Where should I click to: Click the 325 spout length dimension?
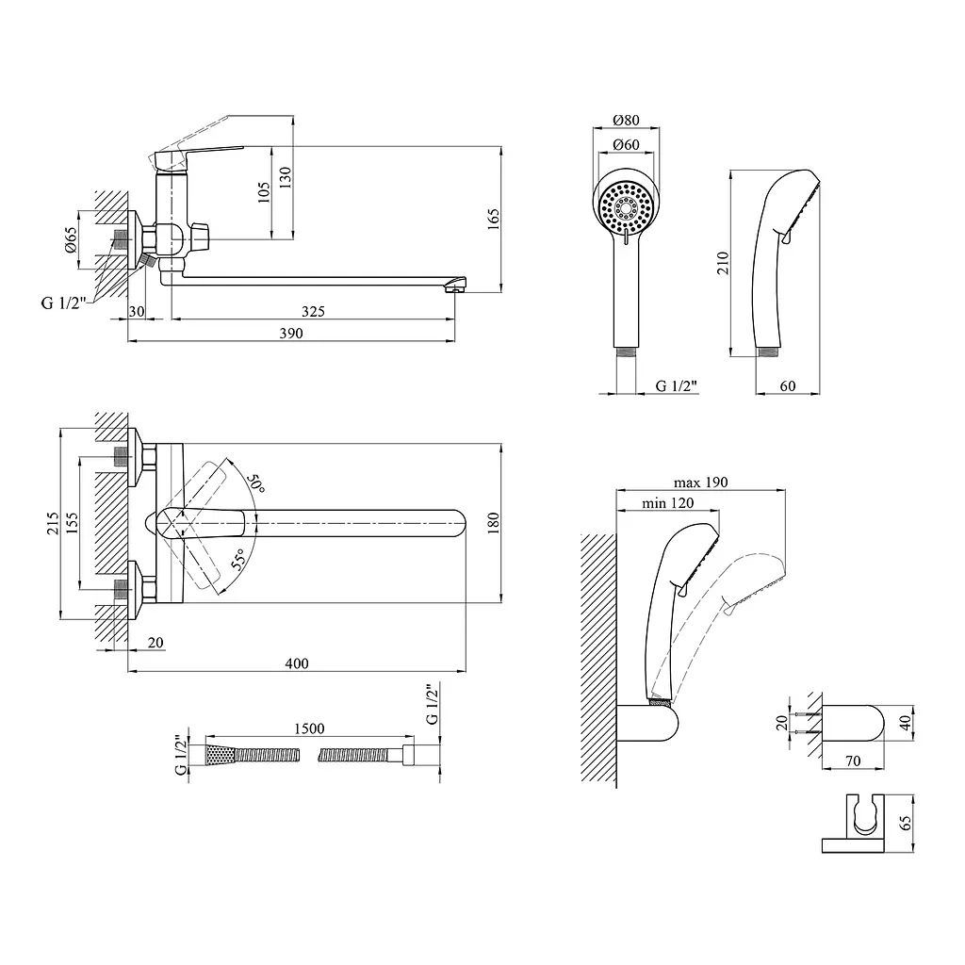click(313, 311)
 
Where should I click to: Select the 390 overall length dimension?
click(291, 333)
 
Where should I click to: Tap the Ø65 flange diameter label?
click(70, 238)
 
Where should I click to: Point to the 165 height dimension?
click(494, 219)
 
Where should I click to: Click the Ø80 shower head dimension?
click(626, 120)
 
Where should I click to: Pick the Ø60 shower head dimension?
click(626, 144)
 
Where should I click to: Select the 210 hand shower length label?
click(723, 263)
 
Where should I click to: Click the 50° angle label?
click(255, 483)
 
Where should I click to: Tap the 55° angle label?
click(238, 558)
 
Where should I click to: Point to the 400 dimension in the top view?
click(297, 663)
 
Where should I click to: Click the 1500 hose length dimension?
click(309, 728)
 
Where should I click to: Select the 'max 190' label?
click(700, 482)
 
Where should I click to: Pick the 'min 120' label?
click(668, 503)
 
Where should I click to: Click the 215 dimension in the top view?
click(54, 523)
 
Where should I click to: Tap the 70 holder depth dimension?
click(852, 761)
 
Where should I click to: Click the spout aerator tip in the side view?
click(455, 286)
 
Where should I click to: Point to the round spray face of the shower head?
click(626, 207)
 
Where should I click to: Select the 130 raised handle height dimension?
click(285, 178)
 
